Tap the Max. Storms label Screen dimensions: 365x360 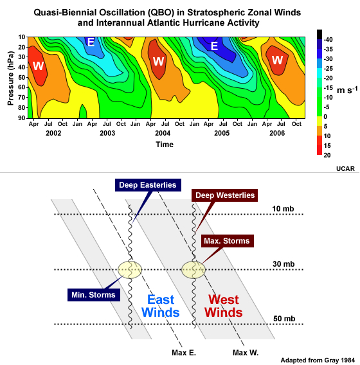[x=226, y=241]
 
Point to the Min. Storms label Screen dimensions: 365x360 [x=93, y=295]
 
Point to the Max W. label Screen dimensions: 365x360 [x=246, y=352]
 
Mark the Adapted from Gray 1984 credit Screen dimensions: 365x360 [x=316, y=360]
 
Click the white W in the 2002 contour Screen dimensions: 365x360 [x=38, y=66]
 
